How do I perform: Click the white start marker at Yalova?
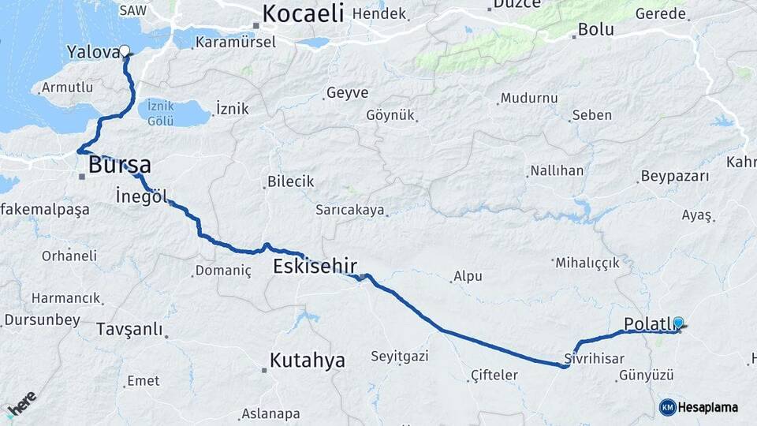[x=124, y=51]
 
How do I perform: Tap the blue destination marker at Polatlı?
[x=677, y=322]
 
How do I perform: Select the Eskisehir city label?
[x=315, y=266]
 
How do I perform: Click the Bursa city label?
[x=119, y=166]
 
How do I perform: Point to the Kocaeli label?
[x=303, y=13]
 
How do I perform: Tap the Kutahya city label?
[x=307, y=361]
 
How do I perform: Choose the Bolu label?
[x=595, y=30]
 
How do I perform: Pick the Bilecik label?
[x=290, y=181]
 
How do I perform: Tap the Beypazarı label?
[x=675, y=176]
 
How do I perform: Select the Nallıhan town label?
[x=557, y=170]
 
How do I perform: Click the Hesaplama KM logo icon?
[x=667, y=407]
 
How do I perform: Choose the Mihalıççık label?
[x=587, y=263]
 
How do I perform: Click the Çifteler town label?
[x=494, y=375]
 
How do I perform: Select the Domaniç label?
[x=226, y=271]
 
